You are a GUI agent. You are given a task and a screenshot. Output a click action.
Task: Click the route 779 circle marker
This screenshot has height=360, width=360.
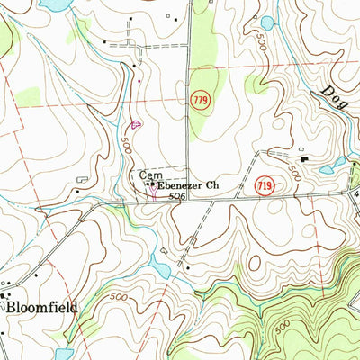pos(203,102)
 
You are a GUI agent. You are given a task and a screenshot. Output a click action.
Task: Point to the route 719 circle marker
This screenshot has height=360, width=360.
pos(264,184)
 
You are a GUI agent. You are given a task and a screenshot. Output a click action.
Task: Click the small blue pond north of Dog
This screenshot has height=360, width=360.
pos(266,22)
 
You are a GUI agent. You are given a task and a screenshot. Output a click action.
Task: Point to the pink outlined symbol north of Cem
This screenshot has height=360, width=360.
pos(136,124)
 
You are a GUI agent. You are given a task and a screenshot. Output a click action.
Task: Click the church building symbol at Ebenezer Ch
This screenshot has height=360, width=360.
pos(151,185)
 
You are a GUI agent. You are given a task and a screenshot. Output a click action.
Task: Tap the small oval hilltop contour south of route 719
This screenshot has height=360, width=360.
pos(255,261)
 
